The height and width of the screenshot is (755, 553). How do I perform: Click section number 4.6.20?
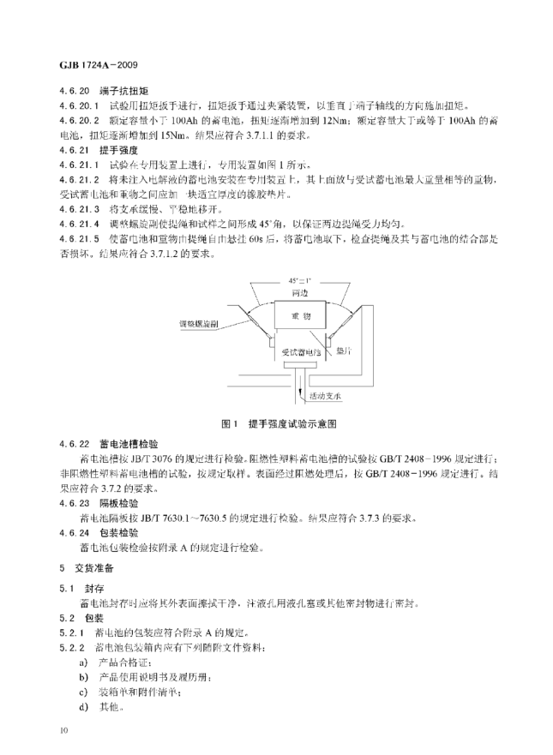74,89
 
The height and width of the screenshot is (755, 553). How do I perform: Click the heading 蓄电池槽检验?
125,443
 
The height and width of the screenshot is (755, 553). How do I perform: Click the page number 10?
63,730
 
